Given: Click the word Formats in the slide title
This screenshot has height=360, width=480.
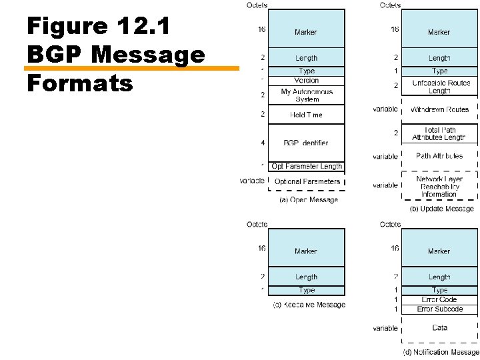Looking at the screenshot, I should coord(81,83).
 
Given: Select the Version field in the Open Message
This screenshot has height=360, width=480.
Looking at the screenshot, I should coord(307,81).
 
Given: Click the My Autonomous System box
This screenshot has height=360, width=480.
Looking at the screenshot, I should coord(307,95).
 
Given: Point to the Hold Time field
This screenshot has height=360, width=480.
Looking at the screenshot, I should coord(307,115).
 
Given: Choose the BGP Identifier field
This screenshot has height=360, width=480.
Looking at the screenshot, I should coord(307,143).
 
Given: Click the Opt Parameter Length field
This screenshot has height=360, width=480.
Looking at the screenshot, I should coord(307,167).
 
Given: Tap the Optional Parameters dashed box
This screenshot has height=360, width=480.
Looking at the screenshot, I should coord(307,181).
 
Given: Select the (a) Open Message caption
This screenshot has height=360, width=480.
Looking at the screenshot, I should coord(309,199).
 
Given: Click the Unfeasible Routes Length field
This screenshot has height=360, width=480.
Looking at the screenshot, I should coord(439,87).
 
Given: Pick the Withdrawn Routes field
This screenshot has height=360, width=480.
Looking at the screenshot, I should coord(439,109).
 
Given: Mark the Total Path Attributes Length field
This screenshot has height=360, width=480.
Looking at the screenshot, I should coord(439,133).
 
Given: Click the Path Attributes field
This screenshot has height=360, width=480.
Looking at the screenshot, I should coord(439,156).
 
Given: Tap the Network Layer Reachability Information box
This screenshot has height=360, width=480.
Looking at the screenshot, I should coord(439,187).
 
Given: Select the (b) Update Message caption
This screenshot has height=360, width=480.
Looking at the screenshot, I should coord(441,209).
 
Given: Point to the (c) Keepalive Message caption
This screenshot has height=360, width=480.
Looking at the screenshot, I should coord(309,305).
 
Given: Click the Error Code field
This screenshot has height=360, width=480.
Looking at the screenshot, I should coord(439,300).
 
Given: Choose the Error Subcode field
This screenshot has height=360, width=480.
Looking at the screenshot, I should coord(439,309).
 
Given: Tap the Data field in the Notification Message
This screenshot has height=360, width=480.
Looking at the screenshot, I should coord(439,328).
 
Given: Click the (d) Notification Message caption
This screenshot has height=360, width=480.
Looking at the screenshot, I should coord(441,352).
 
